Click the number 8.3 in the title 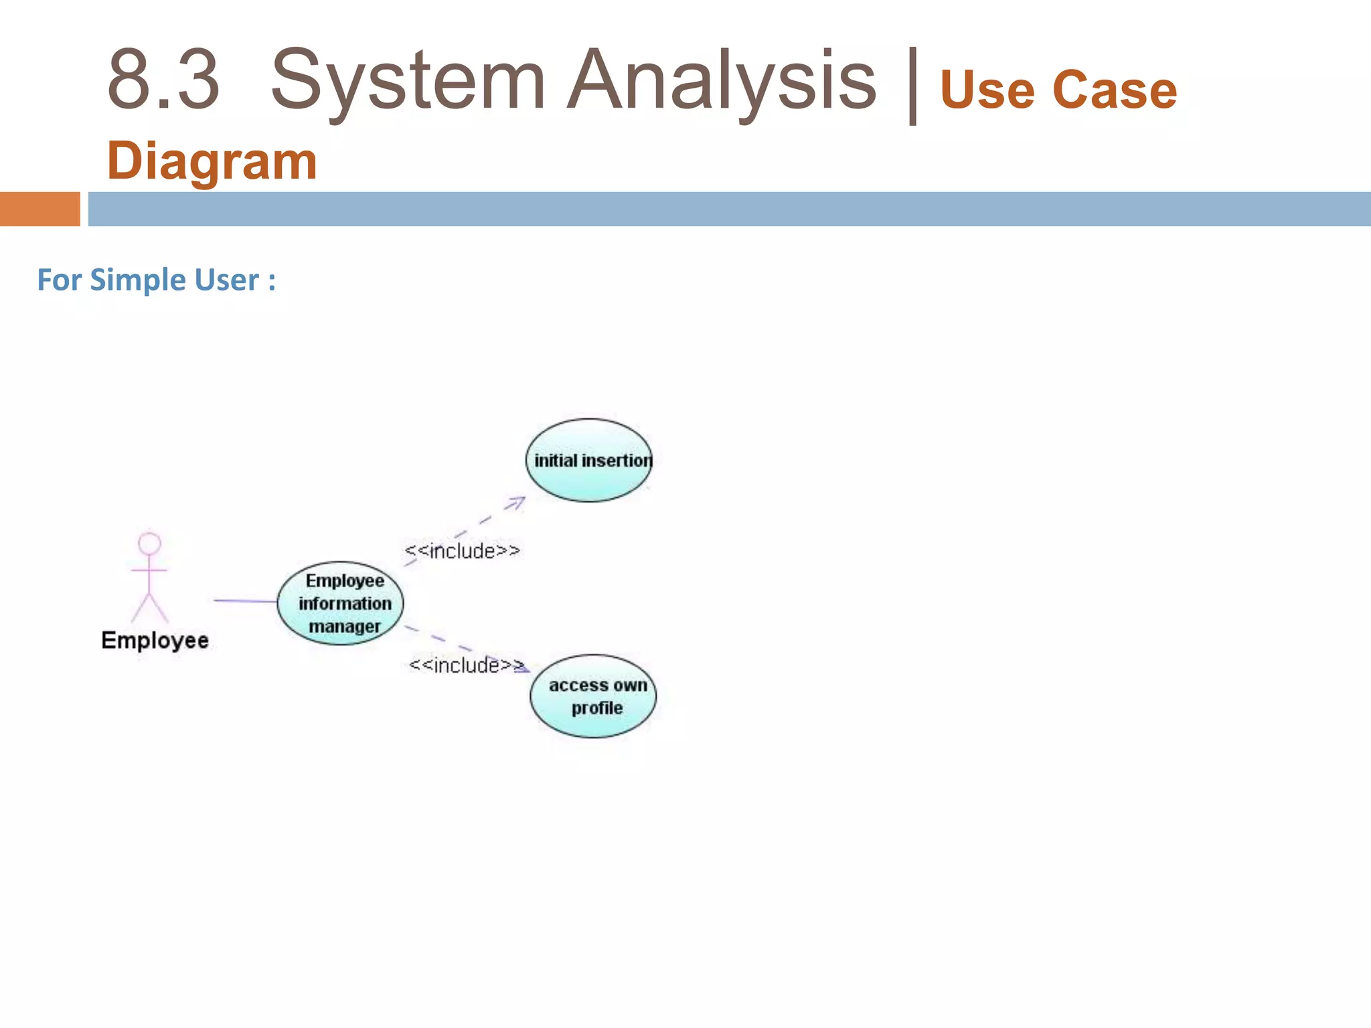click(x=163, y=80)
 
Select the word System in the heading click(x=408, y=80)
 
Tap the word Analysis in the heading click(x=721, y=80)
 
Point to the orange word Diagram click(x=212, y=161)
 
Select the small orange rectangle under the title click(x=39, y=209)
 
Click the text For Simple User click(x=156, y=280)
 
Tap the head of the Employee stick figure click(x=149, y=543)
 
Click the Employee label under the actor click(x=155, y=640)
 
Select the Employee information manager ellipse click(x=341, y=603)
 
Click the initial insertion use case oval click(x=589, y=460)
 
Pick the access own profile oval click(x=593, y=696)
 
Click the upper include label click(x=462, y=551)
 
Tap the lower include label click(x=466, y=665)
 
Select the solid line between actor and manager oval click(x=245, y=601)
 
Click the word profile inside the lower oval click(x=596, y=708)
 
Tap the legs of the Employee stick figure click(x=149, y=608)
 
